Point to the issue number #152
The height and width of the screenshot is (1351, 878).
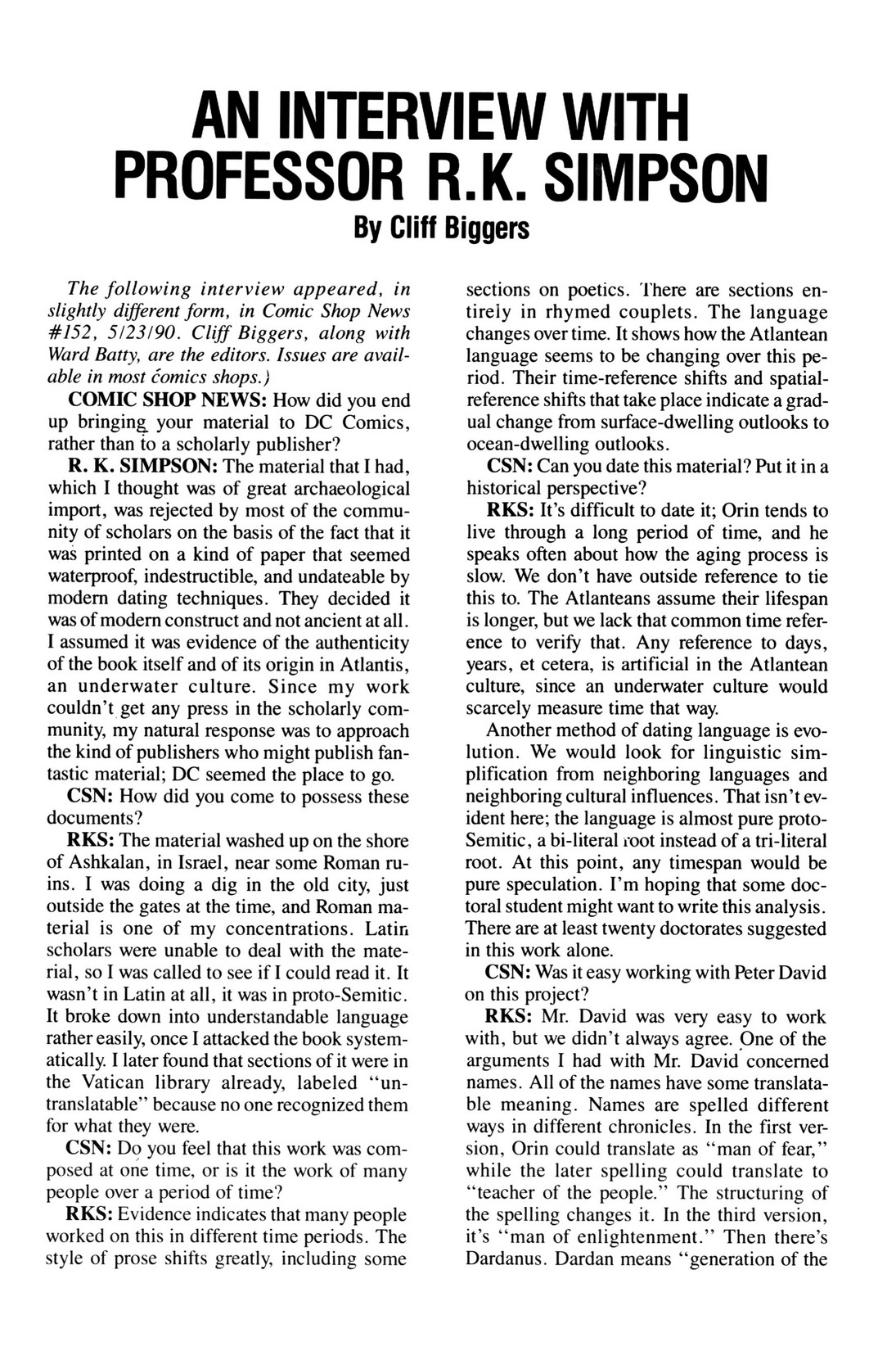pyautogui.click(x=71, y=334)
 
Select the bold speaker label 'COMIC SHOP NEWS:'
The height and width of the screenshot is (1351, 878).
pyautogui.click(x=164, y=400)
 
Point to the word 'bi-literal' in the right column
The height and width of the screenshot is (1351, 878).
pyautogui.click(x=570, y=841)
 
